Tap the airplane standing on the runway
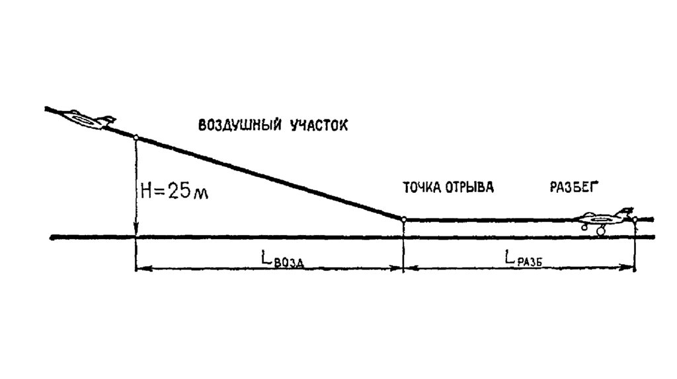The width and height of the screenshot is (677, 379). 605,219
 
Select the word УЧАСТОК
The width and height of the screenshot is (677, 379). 319,125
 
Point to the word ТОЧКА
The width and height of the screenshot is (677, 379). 421,187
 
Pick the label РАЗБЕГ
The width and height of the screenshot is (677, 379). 573,187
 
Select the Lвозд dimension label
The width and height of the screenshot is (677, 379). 280,260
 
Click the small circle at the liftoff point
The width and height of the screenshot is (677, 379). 403,219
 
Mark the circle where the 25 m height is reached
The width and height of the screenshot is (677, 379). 136,137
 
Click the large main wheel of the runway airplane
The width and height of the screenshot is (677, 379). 601,231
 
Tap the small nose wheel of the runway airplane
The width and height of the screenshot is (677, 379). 584,226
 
